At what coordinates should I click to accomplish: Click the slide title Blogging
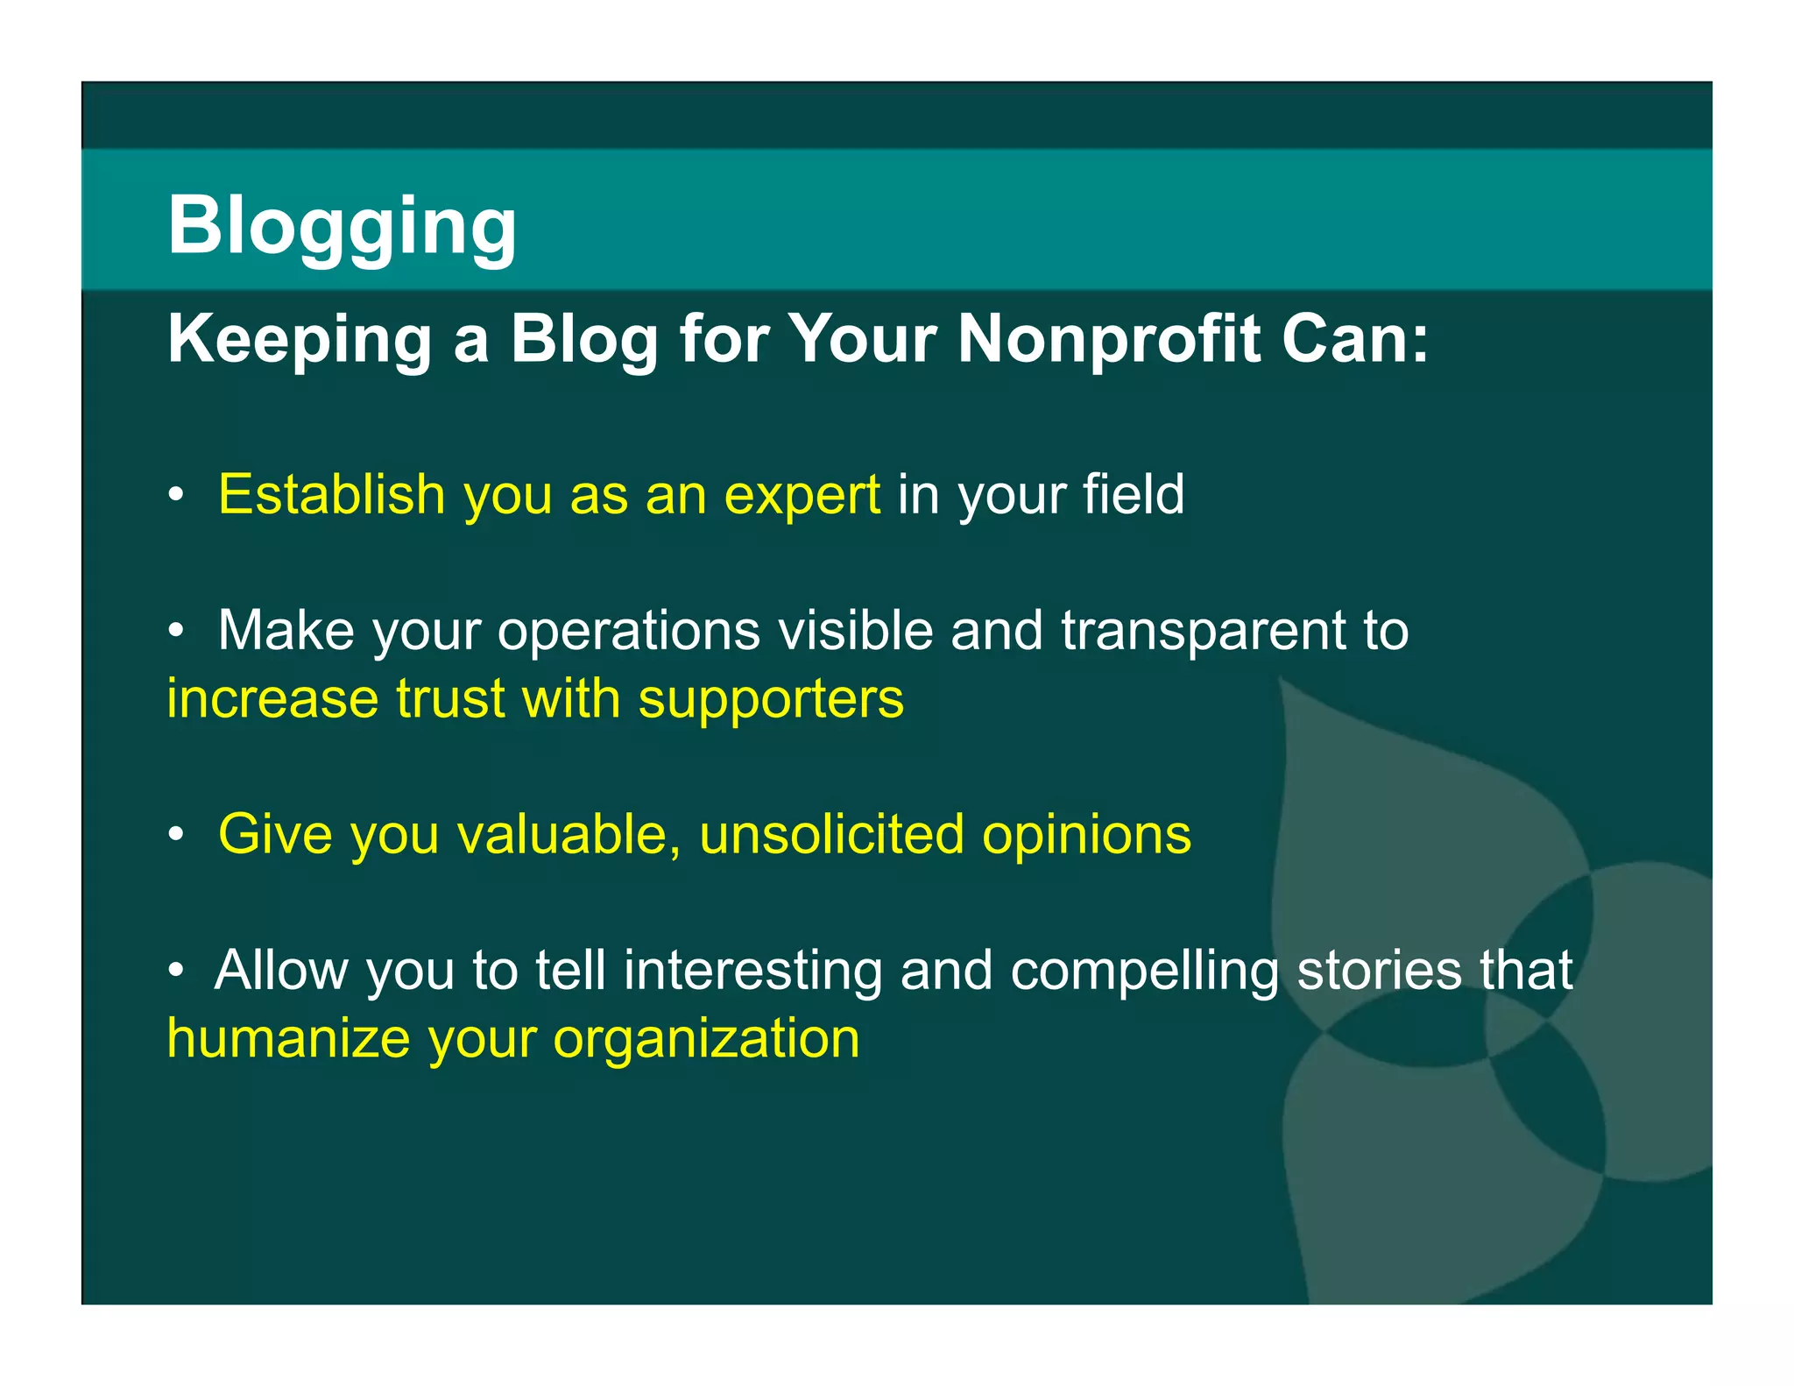[x=342, y=226]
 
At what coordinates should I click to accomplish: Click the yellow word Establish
[x=332, y=494]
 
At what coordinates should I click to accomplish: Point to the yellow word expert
[x=802, y=496]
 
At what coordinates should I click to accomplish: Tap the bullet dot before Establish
[x=177, y=496]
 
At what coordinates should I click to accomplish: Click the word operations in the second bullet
[x=629, y=631]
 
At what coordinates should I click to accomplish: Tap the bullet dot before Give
[x=177, y=835]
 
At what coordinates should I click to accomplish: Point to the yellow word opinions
[x=1086, y=835]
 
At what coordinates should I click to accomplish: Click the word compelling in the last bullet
[x=1144, y=971]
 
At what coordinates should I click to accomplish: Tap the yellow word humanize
[x=288, y=1038]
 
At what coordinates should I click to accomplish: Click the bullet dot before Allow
[x=177, y=971]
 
